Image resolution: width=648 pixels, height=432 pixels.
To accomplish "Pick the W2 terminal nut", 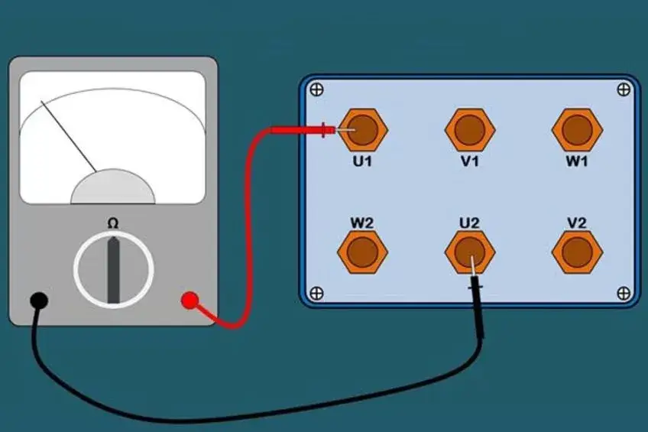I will click(363, 252).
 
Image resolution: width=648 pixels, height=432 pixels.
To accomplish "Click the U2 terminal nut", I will click(470, 252).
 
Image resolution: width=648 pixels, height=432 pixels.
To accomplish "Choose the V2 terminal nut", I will click(577, 252).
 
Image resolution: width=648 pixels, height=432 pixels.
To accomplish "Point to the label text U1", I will click(363, 162).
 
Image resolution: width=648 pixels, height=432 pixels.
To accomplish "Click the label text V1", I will click(470, 162).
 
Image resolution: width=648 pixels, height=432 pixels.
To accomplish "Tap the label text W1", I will click(577, 162).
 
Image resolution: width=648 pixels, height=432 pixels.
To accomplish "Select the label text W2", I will click(362, 222).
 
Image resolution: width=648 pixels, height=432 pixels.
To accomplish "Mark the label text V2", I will click(577, 222).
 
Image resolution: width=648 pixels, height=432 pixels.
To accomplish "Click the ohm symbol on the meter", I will click(113, 223).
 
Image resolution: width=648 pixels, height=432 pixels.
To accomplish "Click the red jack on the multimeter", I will click(189, 300).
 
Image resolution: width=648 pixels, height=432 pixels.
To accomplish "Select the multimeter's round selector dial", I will click(113, 269).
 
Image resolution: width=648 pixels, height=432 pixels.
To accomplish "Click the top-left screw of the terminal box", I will click(317, 90).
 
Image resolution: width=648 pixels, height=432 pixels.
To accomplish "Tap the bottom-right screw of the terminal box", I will click(624, 293).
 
